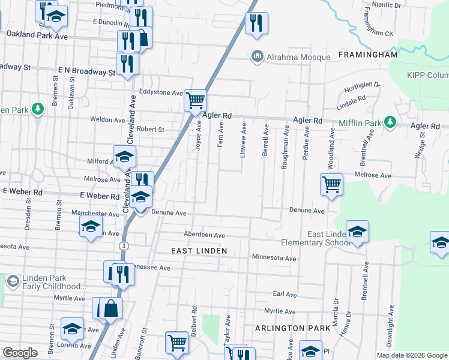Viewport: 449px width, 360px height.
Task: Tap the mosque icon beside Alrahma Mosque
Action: coord(258,56)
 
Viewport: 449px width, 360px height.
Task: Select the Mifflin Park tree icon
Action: coord(390,122)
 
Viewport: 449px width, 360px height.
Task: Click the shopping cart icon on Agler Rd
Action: coord(195,100)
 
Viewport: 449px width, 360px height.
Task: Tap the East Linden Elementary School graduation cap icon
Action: coord(357,232)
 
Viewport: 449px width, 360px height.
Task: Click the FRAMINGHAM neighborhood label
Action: coord(368,55)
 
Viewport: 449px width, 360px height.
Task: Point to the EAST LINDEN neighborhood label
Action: coord(199,251)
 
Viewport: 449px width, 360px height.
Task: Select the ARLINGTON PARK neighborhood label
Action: coord(292,328)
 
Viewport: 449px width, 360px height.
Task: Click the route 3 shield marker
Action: coord(124,246)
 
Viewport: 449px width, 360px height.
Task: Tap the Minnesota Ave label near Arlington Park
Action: coord(274,258)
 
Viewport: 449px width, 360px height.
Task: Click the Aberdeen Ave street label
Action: coord(204,235)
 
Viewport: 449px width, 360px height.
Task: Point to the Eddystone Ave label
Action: coord(160,93)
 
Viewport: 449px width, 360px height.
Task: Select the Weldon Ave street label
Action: coord(107,119)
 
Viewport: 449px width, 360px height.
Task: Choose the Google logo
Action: coord(20,353)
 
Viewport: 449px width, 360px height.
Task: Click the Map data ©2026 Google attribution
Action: coord(411,355)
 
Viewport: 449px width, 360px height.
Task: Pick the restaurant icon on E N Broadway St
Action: coord(127,63)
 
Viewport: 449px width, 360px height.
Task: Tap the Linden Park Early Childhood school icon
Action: coord(13,280)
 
